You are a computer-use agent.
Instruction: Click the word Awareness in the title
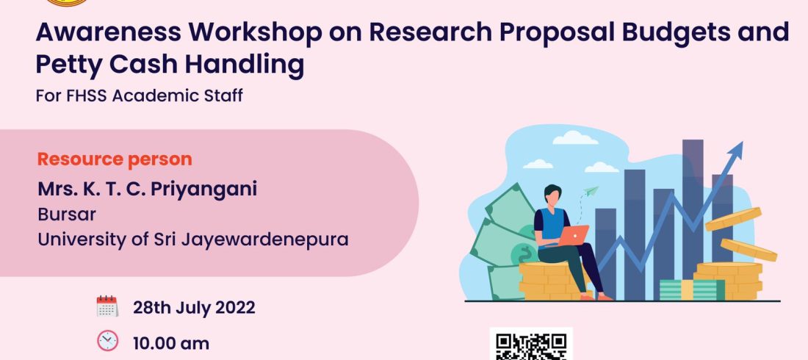click(109, 32)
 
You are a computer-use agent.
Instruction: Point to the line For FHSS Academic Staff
click(139, 96)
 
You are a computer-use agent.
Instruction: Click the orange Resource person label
click(115, 159)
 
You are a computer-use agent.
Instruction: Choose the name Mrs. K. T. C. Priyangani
click(148, 190)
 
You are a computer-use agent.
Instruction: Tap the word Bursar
click(66, 215)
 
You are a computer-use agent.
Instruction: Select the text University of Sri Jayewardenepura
click(192, 240)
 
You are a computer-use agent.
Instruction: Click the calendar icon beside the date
click(107, 306)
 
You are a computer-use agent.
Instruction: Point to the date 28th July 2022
click(194, 308)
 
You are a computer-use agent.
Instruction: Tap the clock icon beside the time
click(107, 341)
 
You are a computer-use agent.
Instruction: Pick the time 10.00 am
click(171, 344)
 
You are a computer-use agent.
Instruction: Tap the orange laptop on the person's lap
click(573, 235)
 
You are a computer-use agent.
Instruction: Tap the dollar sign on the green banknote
click(527, 253)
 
